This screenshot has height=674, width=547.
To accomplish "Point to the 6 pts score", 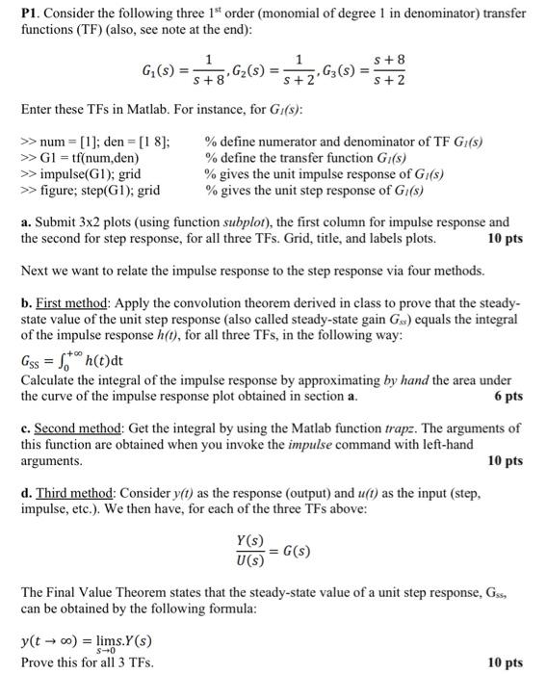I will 508,396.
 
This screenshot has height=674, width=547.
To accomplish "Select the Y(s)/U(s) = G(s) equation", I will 271,553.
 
